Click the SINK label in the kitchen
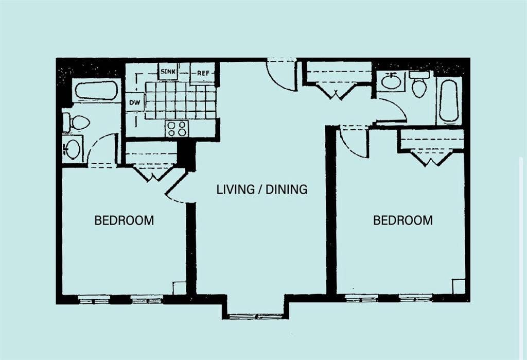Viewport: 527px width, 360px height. tap(168, 72)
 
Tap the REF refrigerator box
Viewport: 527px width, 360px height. tap(203, 73)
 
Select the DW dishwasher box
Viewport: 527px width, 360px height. tap(135, 102)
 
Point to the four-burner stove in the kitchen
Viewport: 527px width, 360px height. tap(177, 129)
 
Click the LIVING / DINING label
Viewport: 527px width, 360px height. tap(262, 190)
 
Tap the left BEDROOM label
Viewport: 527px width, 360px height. tap(124, 220)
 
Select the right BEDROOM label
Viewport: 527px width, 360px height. tap(403, 220)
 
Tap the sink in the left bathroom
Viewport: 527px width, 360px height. tap(72, 149)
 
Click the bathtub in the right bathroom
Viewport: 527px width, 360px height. tap(449, 100)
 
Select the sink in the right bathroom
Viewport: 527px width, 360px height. tap(391, 81)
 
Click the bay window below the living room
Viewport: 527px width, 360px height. tap(256, 316)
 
